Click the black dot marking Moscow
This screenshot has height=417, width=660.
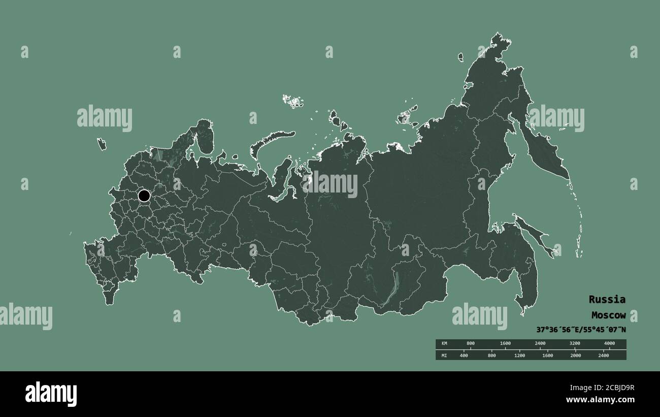[144, 196]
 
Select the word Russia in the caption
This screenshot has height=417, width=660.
[607, 299]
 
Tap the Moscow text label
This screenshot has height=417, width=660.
[608, 315]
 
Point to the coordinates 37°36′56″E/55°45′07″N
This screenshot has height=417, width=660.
[581, 329]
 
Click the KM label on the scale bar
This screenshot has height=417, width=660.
[444, 344]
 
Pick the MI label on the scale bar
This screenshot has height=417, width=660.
[444, 356]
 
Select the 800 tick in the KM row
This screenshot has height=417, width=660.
[470, 344]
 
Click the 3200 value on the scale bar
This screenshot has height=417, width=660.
[574, 344]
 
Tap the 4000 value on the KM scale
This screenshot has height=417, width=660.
[609, 344]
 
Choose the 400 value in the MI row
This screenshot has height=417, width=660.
[464, 356]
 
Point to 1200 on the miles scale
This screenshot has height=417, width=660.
[519, 356]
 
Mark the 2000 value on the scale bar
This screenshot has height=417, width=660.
[575, 356]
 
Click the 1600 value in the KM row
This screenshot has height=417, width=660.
[505, 344]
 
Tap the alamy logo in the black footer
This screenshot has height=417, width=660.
[51, 394]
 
